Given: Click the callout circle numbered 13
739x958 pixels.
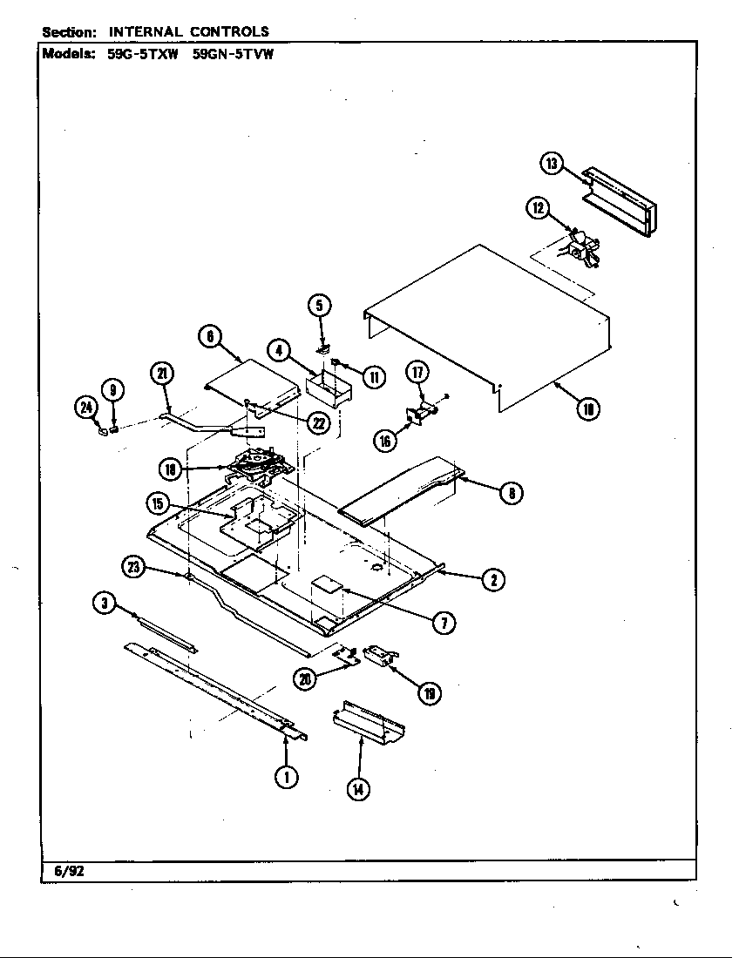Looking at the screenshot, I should tap(552, 163).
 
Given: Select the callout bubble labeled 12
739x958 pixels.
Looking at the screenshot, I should tap(538, 207).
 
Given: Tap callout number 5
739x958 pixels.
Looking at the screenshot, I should tap(319, 305).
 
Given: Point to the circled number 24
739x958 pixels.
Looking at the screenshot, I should tap(86, 407).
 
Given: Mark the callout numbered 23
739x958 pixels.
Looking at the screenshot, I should tap(133, 567).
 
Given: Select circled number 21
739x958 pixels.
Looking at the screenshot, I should tap(161, 374).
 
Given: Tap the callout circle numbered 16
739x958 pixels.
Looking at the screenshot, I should tap(385, 441).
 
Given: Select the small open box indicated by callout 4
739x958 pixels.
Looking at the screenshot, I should tap(328, 387).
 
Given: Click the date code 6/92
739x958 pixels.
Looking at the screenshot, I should tap(64, 870).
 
